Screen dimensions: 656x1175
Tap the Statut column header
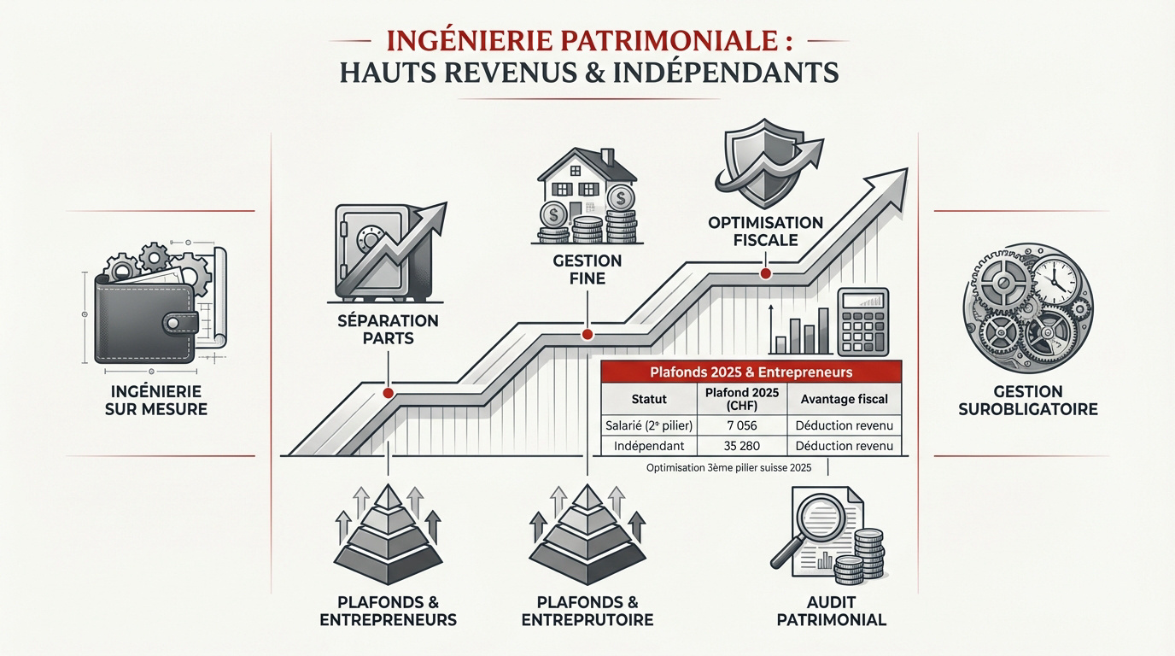tap(649, 399)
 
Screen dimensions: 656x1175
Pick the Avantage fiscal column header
tap(844, 399)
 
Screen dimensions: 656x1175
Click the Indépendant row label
tap(649, 446)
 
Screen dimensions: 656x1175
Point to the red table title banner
tap(751, 372)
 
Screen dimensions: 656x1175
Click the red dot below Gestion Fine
tap(587, 335)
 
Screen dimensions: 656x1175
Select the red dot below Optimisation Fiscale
tap(764, 273)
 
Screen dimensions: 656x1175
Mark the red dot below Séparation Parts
tap(389, 394)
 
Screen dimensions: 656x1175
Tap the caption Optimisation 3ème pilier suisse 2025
tap(728, 468)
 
